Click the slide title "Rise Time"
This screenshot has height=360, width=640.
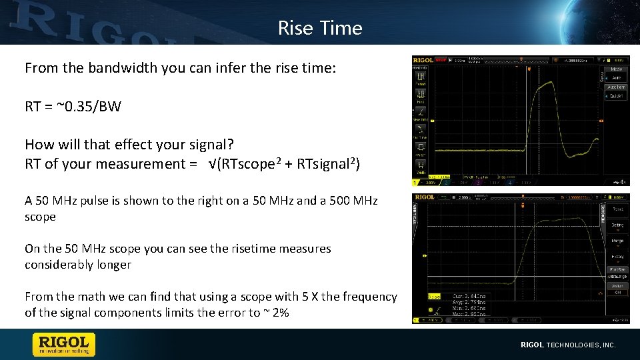319,28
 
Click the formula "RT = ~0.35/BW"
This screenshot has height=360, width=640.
73,106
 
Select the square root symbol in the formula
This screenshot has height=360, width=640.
211,164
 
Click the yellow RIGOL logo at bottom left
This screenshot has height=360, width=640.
64,344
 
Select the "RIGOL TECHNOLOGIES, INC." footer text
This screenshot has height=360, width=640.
567,345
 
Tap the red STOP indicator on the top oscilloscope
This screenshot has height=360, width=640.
441,60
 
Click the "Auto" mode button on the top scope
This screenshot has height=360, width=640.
615,77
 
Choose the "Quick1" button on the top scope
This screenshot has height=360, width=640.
615,95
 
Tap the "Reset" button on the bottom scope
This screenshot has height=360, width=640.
617,209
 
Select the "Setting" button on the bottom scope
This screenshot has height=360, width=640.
617,225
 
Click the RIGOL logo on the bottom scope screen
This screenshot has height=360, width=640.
424,197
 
